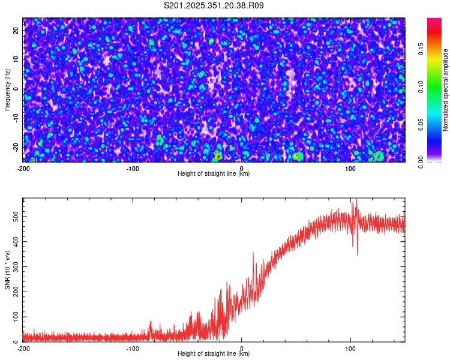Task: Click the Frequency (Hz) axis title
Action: pos(7,89)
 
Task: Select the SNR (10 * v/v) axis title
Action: pos(7,269)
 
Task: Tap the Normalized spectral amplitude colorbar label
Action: pos(446,90)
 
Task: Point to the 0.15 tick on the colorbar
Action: pos(421,52)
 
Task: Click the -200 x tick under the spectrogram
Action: pos(24,168)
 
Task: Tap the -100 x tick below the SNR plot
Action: pos(133,348)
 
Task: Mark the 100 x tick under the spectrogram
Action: pos(350,168)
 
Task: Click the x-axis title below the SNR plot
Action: pos(214,354)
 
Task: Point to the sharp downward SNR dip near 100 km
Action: pos(357,253)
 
